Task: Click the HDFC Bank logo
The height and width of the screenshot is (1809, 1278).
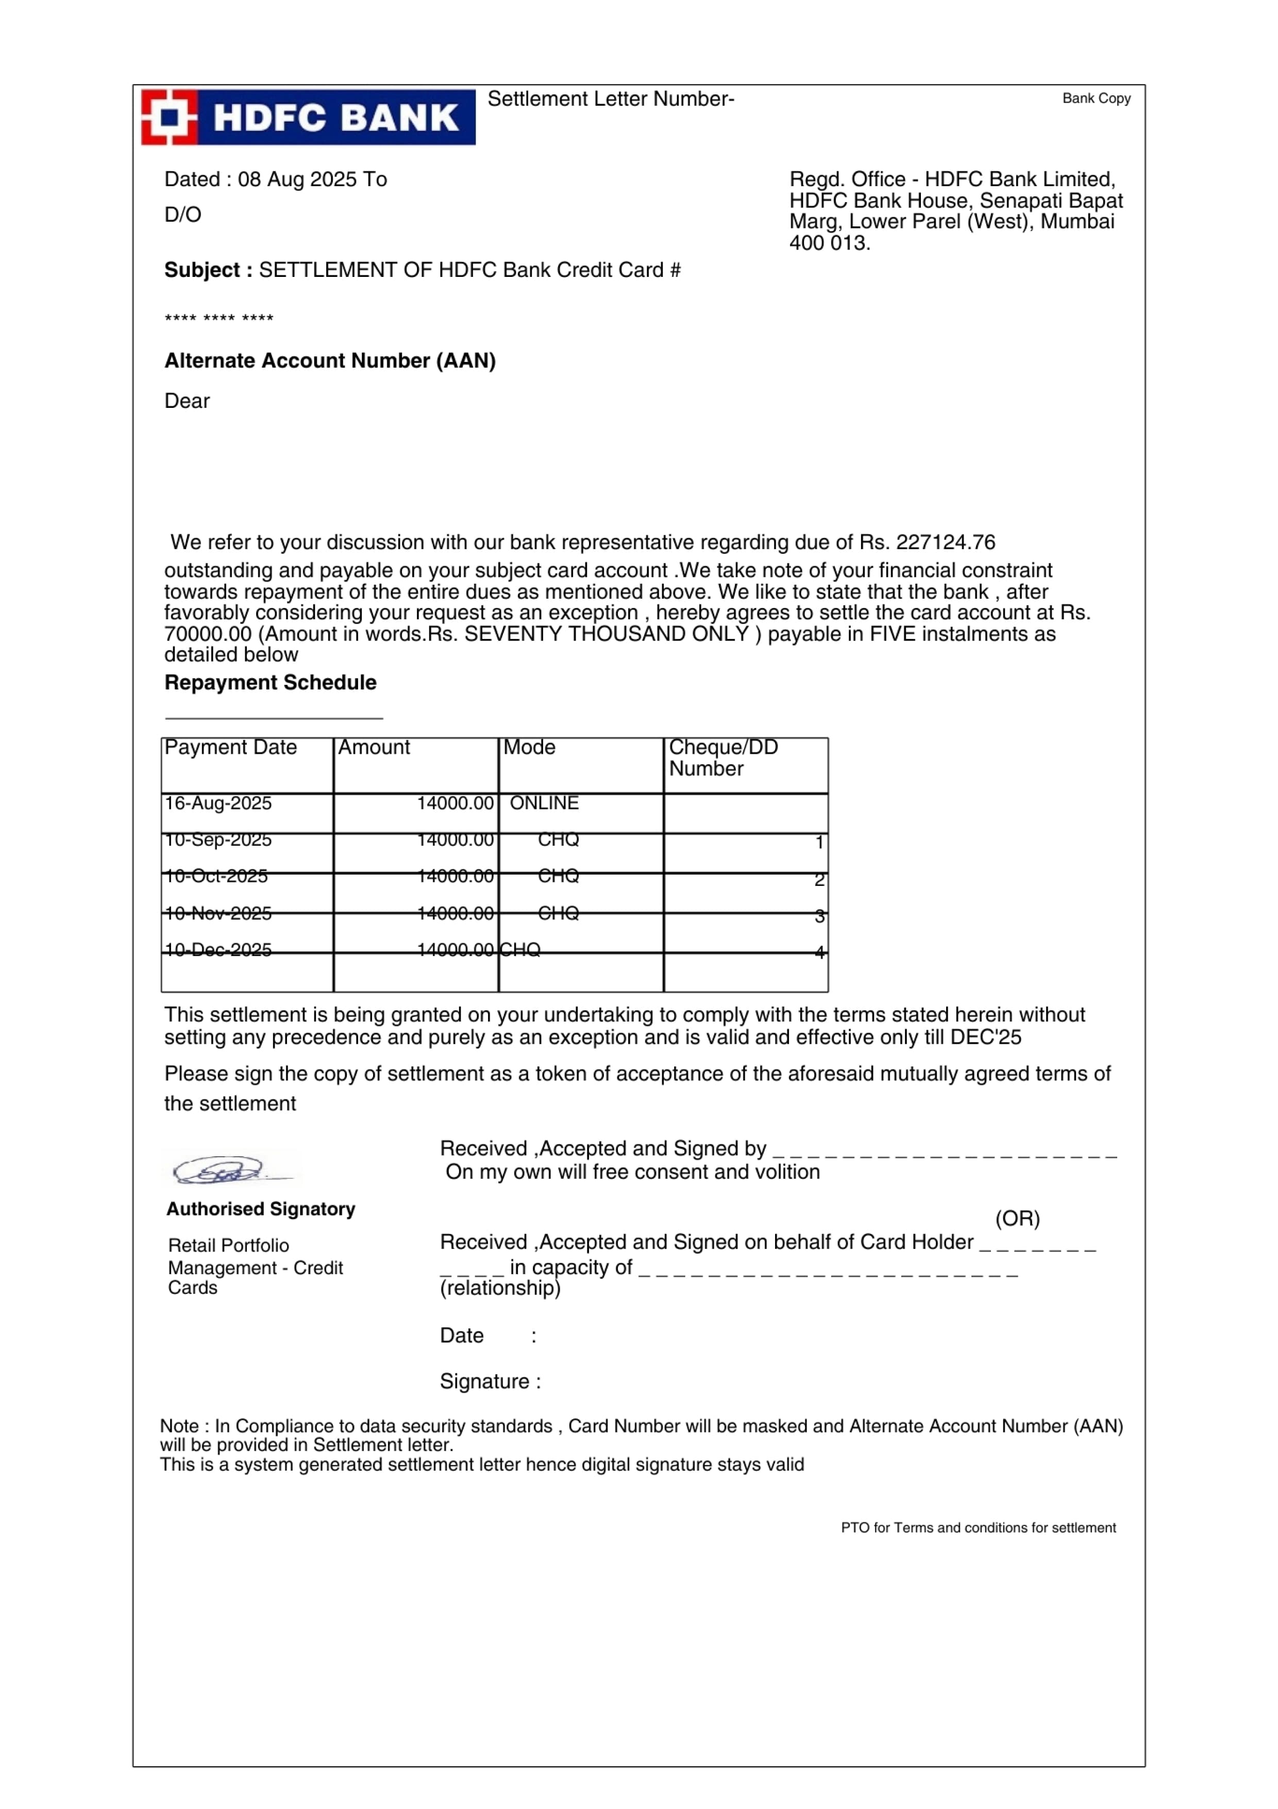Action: (308, 118)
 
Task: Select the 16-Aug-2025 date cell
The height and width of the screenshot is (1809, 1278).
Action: (218, 803)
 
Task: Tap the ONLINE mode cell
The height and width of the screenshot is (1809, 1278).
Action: (544, 803)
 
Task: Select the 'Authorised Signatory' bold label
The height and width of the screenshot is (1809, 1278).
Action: (261, 1209)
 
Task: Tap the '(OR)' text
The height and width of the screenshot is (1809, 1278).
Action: (1017, 1219)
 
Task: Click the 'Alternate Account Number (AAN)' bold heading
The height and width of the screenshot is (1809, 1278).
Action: (330, 361)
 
